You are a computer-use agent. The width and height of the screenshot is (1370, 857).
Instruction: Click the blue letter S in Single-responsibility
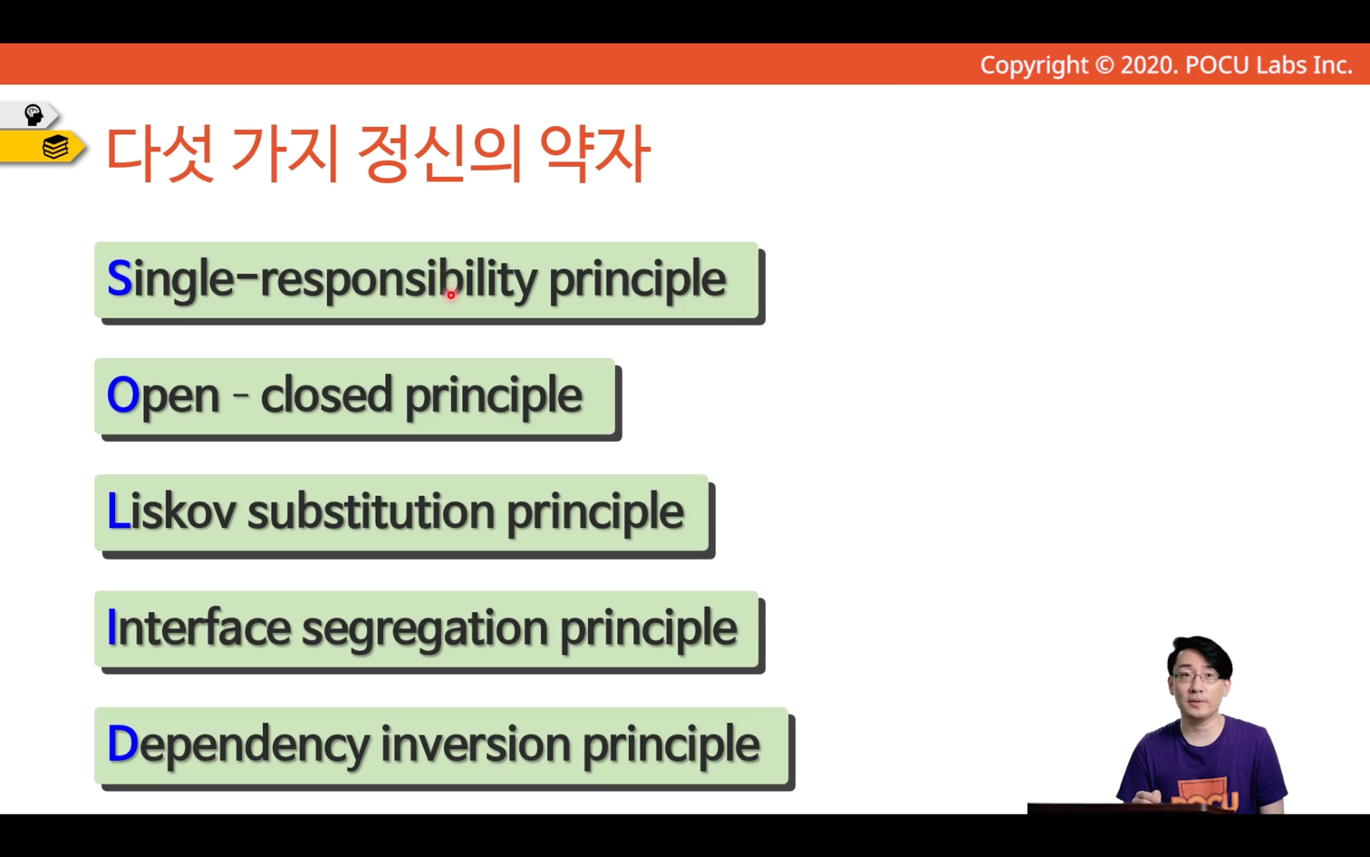120,278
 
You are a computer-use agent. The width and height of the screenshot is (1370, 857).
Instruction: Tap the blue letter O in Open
123,394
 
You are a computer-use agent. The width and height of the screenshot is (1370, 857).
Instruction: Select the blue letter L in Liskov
118,511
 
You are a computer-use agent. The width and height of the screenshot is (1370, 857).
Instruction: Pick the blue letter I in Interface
111,628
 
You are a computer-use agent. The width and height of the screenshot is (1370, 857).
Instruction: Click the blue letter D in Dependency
122,744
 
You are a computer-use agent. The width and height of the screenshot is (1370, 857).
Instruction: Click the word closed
326,394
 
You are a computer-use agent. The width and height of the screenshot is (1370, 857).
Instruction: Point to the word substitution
371,511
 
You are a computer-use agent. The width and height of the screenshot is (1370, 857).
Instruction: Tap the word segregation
425,629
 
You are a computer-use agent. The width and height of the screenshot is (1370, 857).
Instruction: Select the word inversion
476,745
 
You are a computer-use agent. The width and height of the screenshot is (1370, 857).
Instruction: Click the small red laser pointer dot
450,295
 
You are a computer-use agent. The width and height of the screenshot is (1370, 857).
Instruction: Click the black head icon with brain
33,114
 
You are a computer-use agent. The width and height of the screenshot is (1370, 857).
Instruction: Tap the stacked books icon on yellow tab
55,148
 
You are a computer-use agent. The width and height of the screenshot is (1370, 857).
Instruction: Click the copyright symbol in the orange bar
1104,65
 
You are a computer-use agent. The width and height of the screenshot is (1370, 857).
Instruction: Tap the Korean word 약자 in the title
593,153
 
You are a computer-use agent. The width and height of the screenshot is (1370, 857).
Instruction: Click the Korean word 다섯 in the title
159,153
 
